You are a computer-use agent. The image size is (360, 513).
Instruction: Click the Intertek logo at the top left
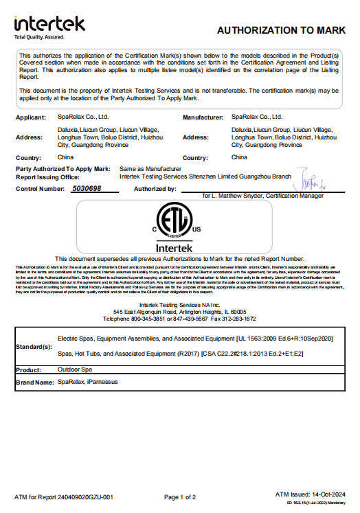click(49, 24)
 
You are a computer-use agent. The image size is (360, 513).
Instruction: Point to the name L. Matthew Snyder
click(235, 196)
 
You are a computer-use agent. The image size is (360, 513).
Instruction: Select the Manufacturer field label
click(203, 118)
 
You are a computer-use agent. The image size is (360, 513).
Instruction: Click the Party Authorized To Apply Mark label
click(63, 168)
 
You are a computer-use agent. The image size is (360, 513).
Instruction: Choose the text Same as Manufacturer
click(150, 168)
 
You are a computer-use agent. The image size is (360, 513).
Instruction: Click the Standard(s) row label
click(34, 347)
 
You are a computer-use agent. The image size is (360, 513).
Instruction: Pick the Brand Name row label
click(34, 382)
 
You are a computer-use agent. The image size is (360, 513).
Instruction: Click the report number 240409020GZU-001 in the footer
click(86, 497)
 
